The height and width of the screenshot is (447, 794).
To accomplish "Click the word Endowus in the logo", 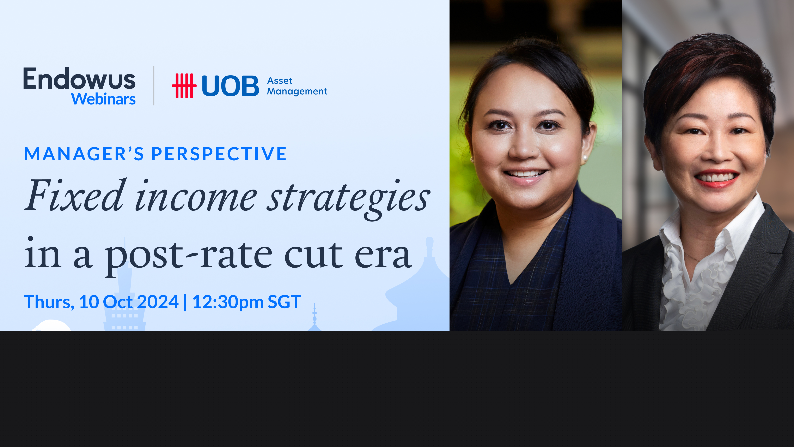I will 79,79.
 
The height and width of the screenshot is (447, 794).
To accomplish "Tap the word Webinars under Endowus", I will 103,99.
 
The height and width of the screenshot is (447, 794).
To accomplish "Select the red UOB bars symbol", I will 184,86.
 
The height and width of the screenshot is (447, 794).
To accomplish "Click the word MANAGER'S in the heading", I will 84,154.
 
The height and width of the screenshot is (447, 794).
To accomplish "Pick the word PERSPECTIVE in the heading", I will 219,154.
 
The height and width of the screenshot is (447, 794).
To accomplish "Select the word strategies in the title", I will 348,197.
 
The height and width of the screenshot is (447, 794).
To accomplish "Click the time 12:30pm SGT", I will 246,302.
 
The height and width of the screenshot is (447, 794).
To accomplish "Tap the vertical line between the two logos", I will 154,86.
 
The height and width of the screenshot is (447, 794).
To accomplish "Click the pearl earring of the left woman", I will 585,158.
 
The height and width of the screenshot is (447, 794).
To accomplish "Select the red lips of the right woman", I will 717,179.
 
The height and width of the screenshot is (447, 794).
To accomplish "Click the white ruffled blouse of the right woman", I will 694,278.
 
